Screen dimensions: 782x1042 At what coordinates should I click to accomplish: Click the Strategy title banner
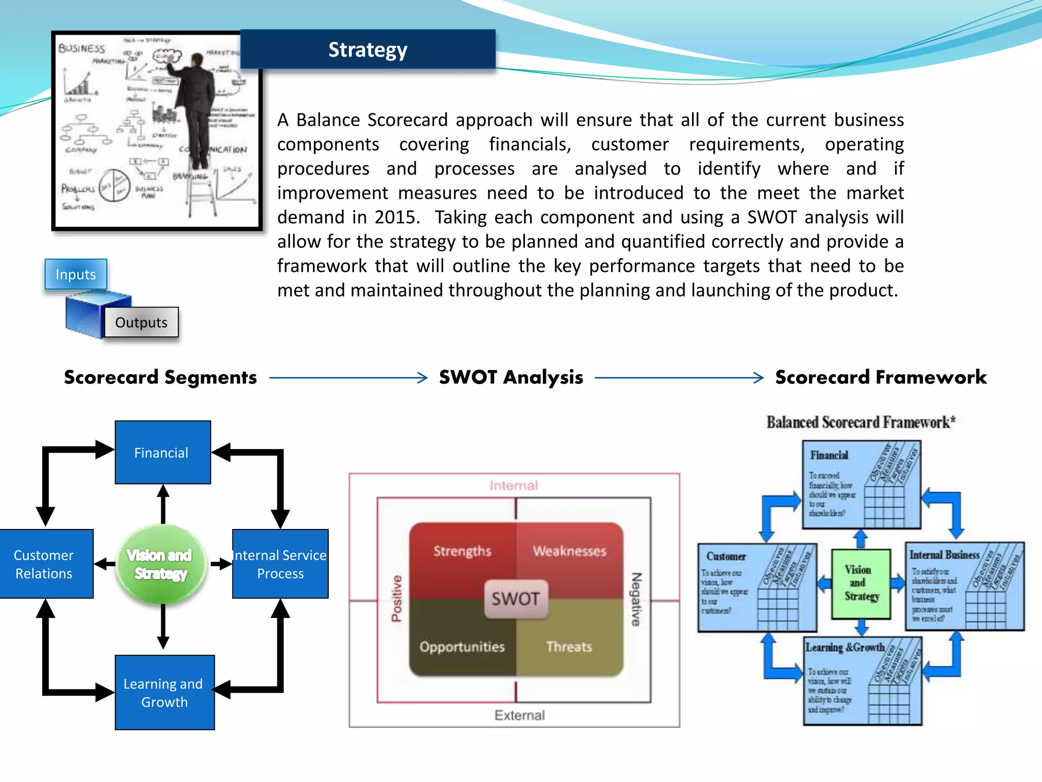pos(367,49)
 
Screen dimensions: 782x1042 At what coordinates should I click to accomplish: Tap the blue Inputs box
pos(75,274)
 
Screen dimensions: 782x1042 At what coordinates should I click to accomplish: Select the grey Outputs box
pos(141,322)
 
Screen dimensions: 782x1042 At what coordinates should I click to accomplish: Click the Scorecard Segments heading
pos(160,377)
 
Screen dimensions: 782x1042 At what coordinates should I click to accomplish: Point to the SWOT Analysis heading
pos(511,377)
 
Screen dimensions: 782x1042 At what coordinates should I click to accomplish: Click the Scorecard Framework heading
pos(880,377)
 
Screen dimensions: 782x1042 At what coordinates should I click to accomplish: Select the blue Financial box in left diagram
pos(162,452)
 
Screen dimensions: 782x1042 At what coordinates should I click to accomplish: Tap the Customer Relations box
pos(45,564)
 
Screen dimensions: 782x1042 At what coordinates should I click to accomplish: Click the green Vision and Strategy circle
pos(161,564)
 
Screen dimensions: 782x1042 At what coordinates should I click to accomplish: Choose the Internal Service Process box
pos(280,564)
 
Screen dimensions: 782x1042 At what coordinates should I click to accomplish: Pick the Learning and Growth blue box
pos(164,692)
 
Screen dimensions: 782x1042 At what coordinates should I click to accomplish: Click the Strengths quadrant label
pos(462,551)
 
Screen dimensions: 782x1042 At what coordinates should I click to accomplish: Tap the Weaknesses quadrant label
pos(569,551)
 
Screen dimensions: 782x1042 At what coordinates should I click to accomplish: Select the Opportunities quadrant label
pos(462,647)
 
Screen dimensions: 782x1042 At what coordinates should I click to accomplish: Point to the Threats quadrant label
pos(569,647)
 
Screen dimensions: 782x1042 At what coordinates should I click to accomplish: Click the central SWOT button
pos(515,599)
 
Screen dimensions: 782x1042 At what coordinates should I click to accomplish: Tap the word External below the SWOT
pos(519,715)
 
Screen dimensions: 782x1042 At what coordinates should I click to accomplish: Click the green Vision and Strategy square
pos(861,583)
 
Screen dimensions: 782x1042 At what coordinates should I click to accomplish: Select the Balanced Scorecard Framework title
pos(861,422)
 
